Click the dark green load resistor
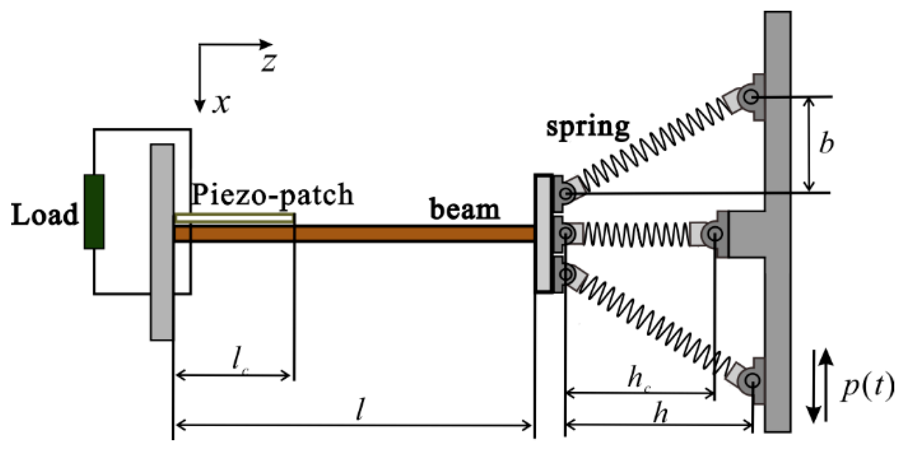point(94,211)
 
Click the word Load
point(45,215)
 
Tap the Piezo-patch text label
point(272,195)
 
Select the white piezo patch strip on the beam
point(234,218)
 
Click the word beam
point(464,210)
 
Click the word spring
point(588,127)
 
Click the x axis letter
point(221,103)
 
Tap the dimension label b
point(826,143)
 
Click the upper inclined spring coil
point(654,145)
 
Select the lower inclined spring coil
point(654,322)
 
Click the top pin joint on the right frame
point(750,97)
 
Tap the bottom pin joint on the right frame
point(751,380)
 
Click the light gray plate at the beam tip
point(543,234)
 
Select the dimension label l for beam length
point(360,410)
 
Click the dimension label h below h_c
point(660,414)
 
